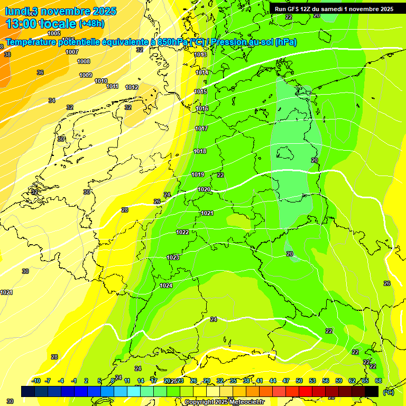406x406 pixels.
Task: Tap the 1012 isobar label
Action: pos(132,87)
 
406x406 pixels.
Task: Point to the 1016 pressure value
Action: pos(202,108)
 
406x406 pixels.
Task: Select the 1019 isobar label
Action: pos(198,174)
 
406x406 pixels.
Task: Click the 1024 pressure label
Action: pos(166,285)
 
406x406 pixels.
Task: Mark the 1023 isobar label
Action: pos(173,257)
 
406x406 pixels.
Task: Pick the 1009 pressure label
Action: pos(86,75)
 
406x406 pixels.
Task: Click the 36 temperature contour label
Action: pos(40,72)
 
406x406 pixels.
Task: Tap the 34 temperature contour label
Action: pos(52,100)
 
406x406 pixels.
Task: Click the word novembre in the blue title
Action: pos(66,11)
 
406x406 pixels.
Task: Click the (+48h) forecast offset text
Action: pos(91,24)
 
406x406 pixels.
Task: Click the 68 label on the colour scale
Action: pos(378,381)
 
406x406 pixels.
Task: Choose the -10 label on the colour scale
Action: pos(36,381)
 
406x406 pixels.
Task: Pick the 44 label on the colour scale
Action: pos(273,381)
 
